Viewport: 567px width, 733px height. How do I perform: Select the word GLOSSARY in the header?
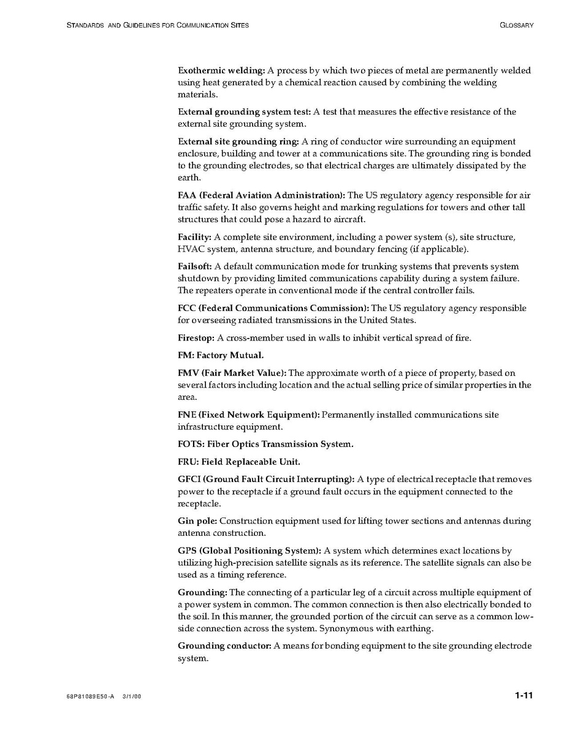coord(516,25)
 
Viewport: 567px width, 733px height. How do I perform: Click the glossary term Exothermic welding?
coord(221,70)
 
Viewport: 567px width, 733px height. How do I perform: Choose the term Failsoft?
coord(194,266)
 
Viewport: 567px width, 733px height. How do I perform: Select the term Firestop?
coord(196,337)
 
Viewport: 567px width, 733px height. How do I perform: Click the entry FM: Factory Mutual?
coord(221,355)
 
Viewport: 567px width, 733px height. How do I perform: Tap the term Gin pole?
coord(197,521)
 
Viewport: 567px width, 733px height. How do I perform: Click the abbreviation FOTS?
coord(190,444)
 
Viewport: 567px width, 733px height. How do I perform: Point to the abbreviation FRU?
coord(188,462)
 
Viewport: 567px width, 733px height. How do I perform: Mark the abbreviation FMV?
coord(188,373)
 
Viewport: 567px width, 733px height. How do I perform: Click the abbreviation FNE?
coord(187,415)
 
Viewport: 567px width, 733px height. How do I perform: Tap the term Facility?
coord(194,237)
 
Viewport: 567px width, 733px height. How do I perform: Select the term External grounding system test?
coord(245,112)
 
